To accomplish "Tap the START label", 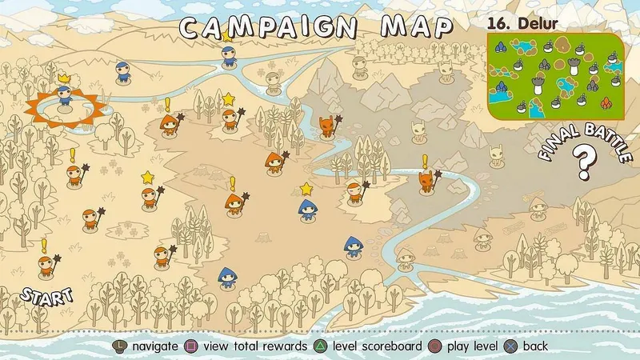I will pyautogui.click(x=46, y=295).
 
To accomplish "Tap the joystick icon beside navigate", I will pyautogui.click(x=119, y=346).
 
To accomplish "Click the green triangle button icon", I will pyautogui.click(x=318, y=346).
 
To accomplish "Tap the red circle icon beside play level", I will pyautogui.click(x=434, y=346).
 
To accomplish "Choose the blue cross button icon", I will pyautogui.click(x=512, y=346).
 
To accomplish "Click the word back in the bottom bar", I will pyautogui.click(x=535, y=346).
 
